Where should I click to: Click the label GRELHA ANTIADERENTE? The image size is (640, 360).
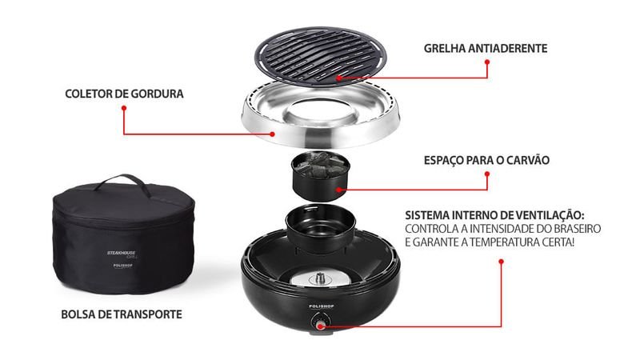(486, 48)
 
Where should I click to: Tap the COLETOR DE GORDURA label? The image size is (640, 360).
(125, 94)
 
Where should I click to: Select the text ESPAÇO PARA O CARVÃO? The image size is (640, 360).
(486, 160)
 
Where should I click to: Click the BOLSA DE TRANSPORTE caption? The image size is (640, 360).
(122, 314)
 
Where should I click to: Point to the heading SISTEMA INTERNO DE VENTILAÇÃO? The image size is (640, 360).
(494, 215)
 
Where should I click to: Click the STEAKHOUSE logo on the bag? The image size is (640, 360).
(122, 254)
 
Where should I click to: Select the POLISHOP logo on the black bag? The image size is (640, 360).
(123, 266)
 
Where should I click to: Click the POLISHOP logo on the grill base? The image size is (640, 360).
(322, 306)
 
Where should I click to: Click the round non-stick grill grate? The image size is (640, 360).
(321, 56)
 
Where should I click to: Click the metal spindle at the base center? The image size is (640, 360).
(320, 279)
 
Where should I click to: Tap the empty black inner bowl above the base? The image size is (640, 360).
(321, 228)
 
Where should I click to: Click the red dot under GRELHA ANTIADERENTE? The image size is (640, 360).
(487, 62)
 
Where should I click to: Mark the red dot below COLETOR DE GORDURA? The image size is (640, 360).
(124, 108)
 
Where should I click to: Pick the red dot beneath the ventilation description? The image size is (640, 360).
(502, 262)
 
